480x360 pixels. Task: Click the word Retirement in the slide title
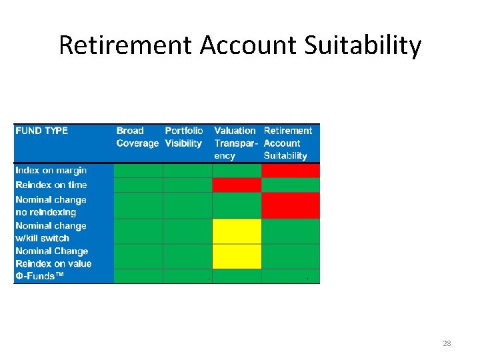pyautogui.click(x=125, y=46)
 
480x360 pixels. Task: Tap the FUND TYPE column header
pyautogui.click(x=41, y=131)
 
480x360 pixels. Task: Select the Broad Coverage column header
pyautogui.click(x=137, y=137)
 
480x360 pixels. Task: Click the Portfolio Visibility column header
pyautogui.click(x=184, y=137)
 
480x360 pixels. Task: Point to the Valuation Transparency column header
pyautogui.click(x=235, y=143)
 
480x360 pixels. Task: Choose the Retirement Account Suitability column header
pyautogui.click(x=288, y=143)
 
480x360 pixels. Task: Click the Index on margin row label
pyautogui.click(x=51, y=171)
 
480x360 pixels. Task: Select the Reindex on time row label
pyautogui.click(x=51, y=185)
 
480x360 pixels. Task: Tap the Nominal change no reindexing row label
pyautogui.click(x=51, y=205)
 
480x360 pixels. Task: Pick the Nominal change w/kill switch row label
pyautogui.click(x=51, y=231)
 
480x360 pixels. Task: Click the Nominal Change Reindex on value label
pyautogui.click(x=53, y=257)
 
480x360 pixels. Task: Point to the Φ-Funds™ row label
pyautogui.click(x=40, y=276)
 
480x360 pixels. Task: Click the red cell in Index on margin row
pyautogui.click(x=291, y=171)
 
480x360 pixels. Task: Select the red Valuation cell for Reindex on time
pyautogui.click(x=237, y=185)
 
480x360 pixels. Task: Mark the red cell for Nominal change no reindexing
pyautogui.click(x=291, y=205)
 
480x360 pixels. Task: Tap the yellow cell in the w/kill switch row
pyautogui.click(x=237, y=231)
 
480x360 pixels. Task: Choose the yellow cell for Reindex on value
pyautogui.click(x=237, y=257)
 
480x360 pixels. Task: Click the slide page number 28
pyautogui.click(x=447, y=343)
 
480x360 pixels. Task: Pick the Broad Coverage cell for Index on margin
pyautogui.click(x=138, y=171)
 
